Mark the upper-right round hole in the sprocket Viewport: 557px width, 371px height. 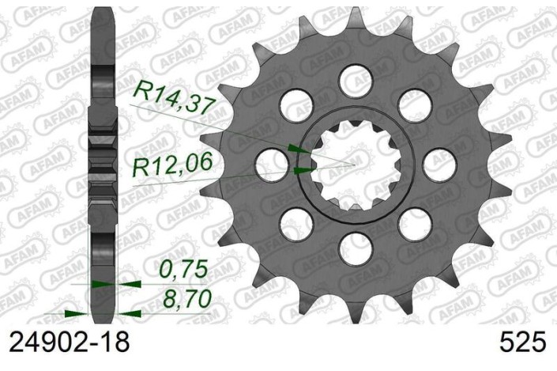coord(412,104)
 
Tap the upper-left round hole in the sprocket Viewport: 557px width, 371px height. coord(292,104)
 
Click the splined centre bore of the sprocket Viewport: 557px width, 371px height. coord(352,165)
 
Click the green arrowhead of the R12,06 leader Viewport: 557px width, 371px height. coord(303,169)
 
